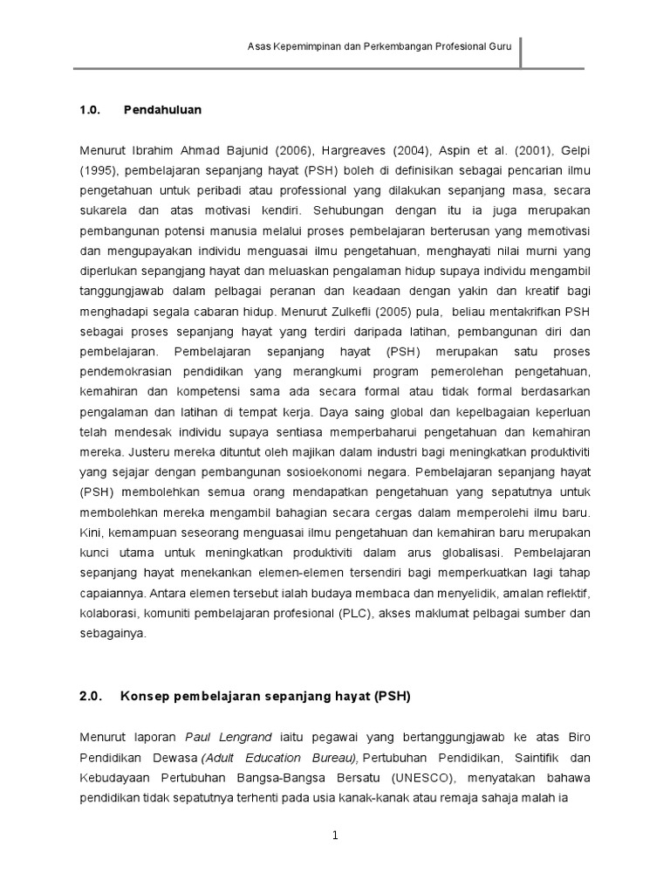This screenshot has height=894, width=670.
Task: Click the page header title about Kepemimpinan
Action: tap(379, 49)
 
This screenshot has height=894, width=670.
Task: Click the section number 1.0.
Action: tap(91, 111)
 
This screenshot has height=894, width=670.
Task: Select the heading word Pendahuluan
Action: tap(162, 111)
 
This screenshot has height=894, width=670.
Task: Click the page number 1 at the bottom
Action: tap(334, 836)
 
